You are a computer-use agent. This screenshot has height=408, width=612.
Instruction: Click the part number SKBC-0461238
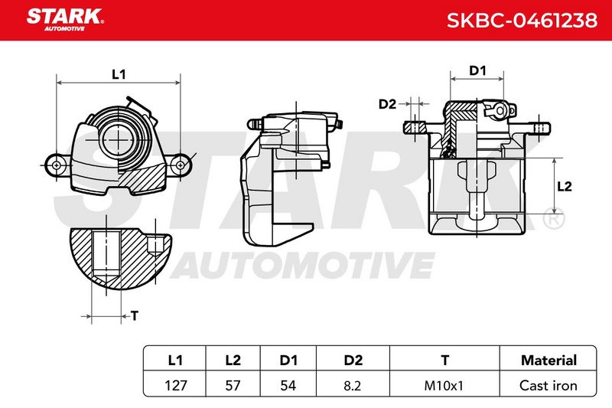pyautogui.click(x=522, y=20)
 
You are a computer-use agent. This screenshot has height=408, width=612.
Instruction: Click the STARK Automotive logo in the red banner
pyautogui.click(x=65, y=20)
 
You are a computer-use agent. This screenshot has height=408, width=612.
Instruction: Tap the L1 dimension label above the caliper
pyautogui.click(x=119, y=74)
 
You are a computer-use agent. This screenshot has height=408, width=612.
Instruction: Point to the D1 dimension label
pyautogui.click(x=477, y=70)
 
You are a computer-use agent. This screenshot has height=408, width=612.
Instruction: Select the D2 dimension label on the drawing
pyautogui.click(x=387, y=104)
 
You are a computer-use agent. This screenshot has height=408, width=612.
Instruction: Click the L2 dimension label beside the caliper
pyautogui.click(x=564, y=186)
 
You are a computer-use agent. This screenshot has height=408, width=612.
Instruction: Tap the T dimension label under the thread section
pyautogui.click(x=135, y=315)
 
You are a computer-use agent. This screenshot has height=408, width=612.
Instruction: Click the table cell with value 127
pyautogui.click(x=176, y=385)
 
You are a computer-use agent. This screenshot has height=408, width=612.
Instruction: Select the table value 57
pyautogui.click(x=233, y=385)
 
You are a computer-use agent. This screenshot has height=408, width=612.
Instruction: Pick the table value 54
pyautogui.click(x=288, y=385)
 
